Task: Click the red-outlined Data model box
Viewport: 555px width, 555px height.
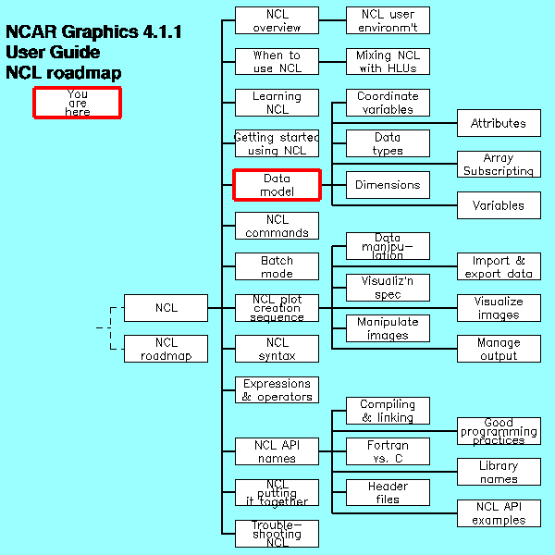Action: click(277, 185)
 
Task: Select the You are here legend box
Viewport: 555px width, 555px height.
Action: click(78, 103)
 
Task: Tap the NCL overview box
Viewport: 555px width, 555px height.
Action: click(277, 20)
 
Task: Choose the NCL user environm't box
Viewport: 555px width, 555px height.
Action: click(388, 20)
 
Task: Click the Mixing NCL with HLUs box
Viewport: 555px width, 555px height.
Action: click(388, 62)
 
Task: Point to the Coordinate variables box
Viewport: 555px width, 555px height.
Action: click(388, 103)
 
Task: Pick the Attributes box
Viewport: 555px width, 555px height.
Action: click(499, 123)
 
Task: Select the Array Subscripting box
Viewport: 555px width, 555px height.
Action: click(499, 165)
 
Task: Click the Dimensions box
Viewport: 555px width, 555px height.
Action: click(388, 185)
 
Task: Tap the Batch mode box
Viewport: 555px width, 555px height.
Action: click(277, 267)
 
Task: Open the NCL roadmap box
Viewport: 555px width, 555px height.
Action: click(166, 349)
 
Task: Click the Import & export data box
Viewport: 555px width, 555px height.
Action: click(499, 267)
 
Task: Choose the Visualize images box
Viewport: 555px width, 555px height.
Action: click(499, 308)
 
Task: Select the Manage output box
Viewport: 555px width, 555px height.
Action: click(499, 349)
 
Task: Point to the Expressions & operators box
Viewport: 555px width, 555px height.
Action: click(277, 390)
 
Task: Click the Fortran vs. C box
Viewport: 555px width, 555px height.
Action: click(388, 451)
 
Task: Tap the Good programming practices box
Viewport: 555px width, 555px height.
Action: click(499, 431)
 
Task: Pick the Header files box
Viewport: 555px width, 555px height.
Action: click(388, 493)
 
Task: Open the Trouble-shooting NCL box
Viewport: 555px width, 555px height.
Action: click(277, 534)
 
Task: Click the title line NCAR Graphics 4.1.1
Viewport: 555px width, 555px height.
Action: click(93, 32)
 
